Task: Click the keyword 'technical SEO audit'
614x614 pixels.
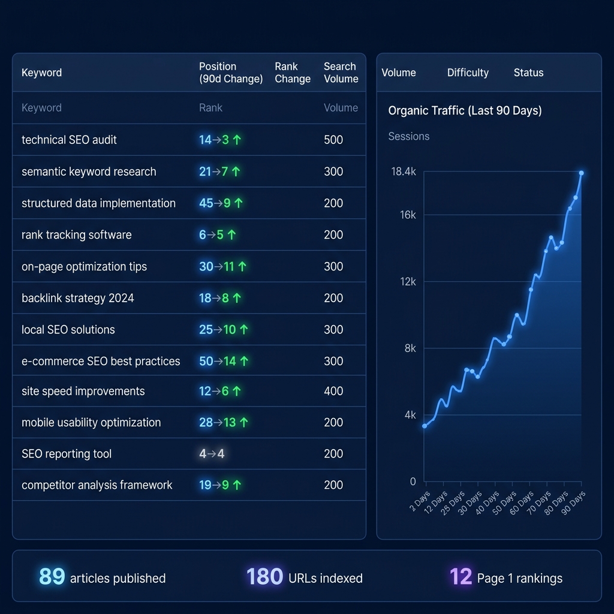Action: [x=69, y=140]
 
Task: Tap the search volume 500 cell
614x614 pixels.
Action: [x=333, y=140]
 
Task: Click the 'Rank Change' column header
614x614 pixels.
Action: [x=293, y=73]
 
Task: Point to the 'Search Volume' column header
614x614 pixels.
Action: [x=341, y=73]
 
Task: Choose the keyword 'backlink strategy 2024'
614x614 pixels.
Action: [x=77, y=298]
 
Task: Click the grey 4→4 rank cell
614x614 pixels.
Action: [x=212, y=454]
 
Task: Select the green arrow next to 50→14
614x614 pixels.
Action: [x=244, y=362]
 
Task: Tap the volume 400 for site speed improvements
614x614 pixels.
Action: [x=333, y=391]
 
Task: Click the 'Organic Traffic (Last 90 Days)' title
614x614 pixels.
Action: [x=465, y=111]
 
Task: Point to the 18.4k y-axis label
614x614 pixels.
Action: [x=404, y=171]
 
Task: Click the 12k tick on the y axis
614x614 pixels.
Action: [x=408, y=281]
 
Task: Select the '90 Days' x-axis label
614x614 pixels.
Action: [x=574, y=499]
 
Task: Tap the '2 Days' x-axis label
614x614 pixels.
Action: [x=420, y=501]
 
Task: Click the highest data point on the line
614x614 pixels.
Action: [x=581, y=173]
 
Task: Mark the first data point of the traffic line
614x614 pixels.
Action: [x=425, y=426]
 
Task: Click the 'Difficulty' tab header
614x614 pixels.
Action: [x=468, y=73]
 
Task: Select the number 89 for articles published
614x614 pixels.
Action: [x=52, y=576]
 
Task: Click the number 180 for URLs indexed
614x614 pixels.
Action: [x=264, y=576]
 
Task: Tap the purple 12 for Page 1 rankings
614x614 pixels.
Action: [x=460, y=576]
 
